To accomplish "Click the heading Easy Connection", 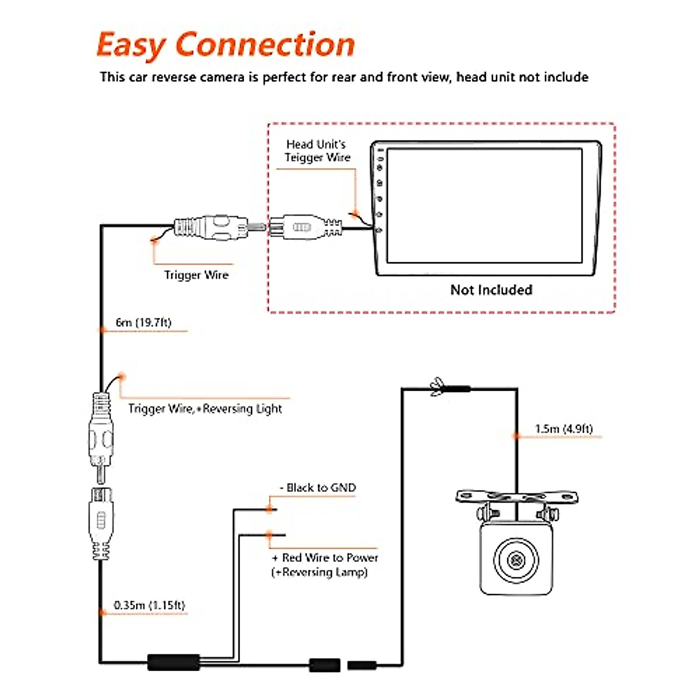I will [x=226, y=45].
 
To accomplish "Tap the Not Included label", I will [x=491, y=290].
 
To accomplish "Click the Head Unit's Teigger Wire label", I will [x=317, y=150].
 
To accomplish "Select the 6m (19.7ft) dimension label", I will [x=143, y=323].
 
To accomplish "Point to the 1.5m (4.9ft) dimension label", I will [x=563, y=429].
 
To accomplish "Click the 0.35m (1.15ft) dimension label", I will [x=149, y=605].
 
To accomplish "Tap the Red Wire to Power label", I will [x=325, y=558].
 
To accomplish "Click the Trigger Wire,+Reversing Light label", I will [x=205, y=409].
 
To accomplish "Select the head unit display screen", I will [x=484, y=206].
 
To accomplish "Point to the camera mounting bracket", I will [x=516, y=498].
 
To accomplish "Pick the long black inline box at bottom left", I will [x=173, y=663].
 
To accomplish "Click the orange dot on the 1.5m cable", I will [x=516, y=436].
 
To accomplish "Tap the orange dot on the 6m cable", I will [x=102, y=330].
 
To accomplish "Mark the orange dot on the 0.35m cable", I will [x=102, y=613].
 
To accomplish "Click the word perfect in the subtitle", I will [x=284, y=78].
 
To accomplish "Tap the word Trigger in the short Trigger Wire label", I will [x=183, y=275].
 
